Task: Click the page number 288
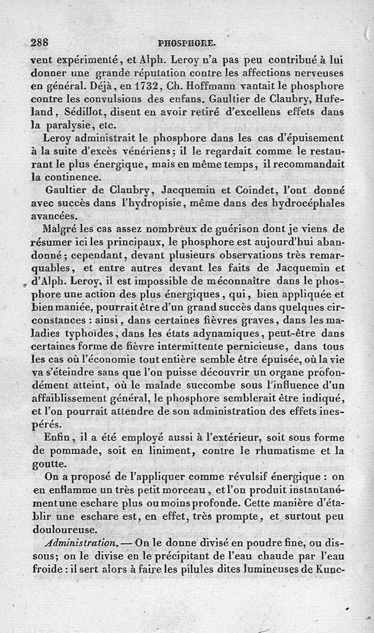(x=40, y=43)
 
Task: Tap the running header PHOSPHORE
(x=187, y=44)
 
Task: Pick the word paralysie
(x=69, y=125)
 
